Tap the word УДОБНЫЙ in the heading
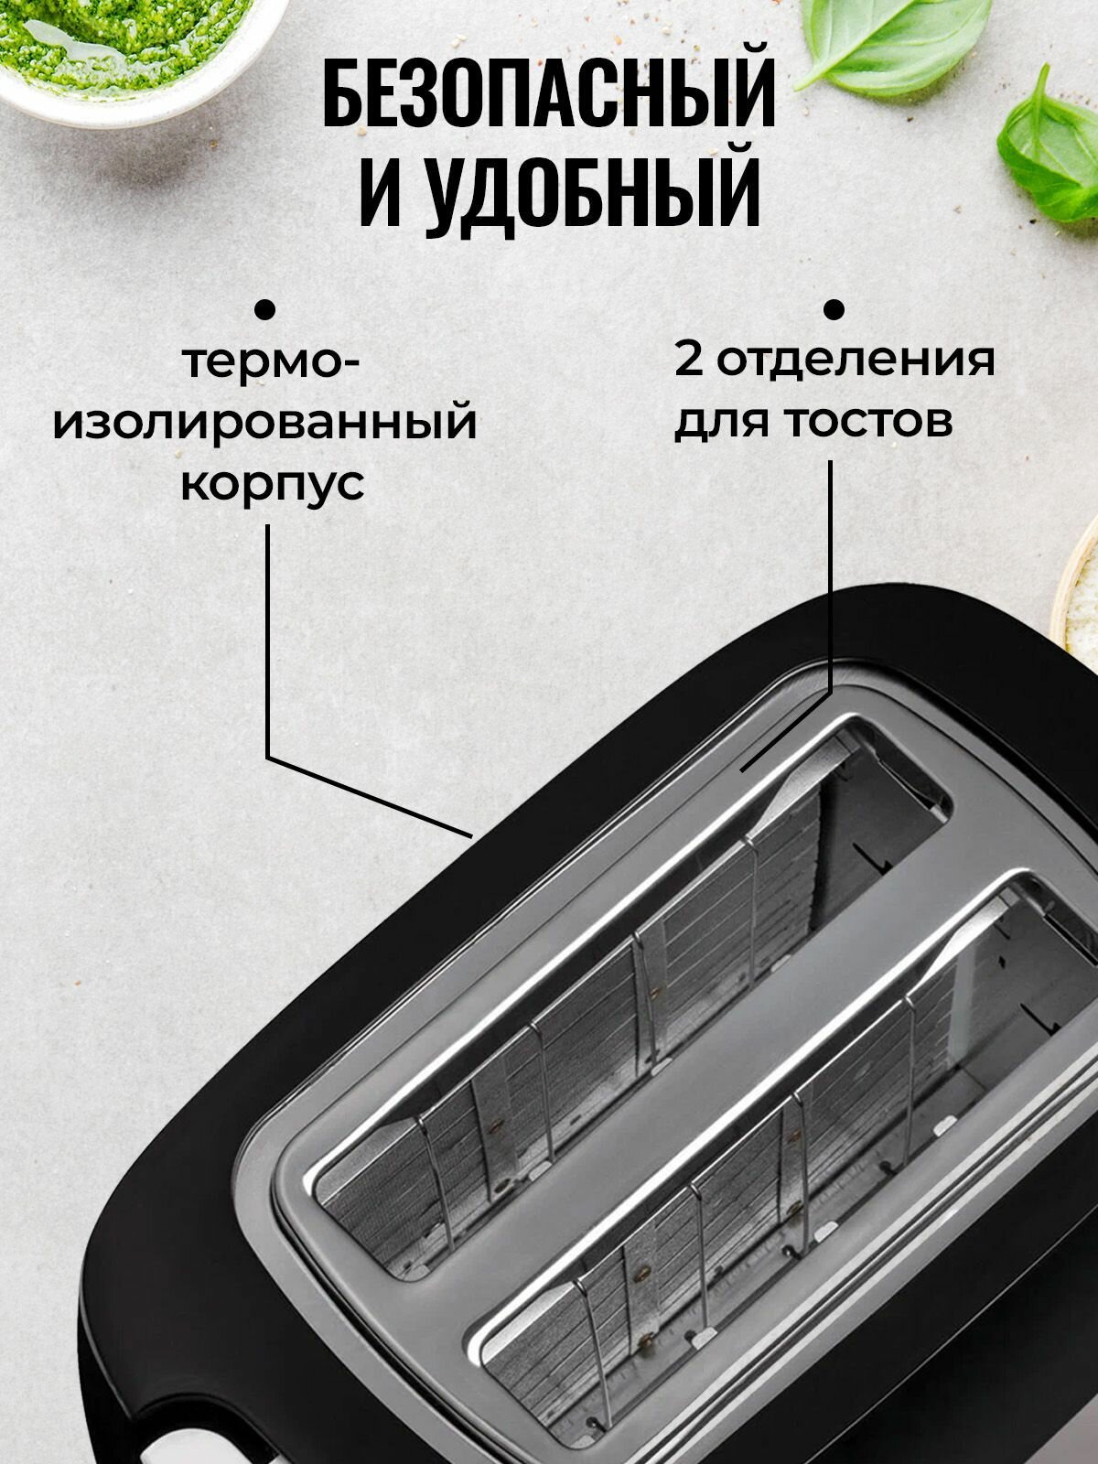(x=595, y=193)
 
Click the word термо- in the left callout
(x=272, y=362)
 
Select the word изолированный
(x=265, y=423)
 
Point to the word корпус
(x=272, y=484)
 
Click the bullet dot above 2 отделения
(x=834, y=309)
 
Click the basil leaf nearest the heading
(x=892, y=41)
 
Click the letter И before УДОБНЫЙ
(x=381, y=193)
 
